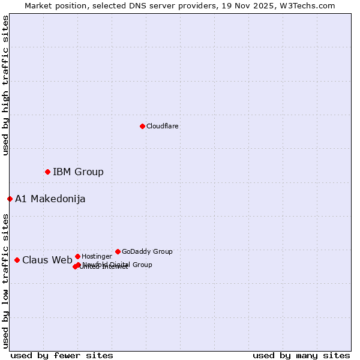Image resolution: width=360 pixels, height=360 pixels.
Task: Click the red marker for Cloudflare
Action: point(142,126)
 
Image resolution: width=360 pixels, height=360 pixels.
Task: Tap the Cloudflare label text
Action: point(163,127)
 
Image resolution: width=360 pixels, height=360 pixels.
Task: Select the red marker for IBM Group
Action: point(47,172)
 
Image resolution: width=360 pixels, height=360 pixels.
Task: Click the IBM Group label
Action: point(78,172)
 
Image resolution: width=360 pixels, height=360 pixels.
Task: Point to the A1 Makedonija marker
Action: point(10,199)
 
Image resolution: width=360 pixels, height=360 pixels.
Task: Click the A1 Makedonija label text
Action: point(50,199)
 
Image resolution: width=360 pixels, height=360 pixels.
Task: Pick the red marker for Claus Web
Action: point(17,260)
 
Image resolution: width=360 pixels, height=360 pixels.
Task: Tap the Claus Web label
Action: point(47,260)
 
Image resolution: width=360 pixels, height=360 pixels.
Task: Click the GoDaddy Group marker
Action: point(118,251)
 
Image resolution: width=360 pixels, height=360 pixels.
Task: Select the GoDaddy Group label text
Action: point(147,252)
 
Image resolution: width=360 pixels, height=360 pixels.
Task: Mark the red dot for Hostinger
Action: point(77,256)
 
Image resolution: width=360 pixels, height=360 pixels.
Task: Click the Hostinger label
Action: point(97,257)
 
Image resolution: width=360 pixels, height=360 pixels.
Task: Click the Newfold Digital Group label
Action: point(118,265)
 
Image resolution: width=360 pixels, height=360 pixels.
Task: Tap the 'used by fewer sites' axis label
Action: point(62,356)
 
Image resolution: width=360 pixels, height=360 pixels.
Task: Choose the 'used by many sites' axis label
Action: point(301,356)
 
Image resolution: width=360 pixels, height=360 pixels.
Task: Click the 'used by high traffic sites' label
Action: point(5,85)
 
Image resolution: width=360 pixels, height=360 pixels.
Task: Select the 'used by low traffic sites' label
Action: point(5,281)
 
